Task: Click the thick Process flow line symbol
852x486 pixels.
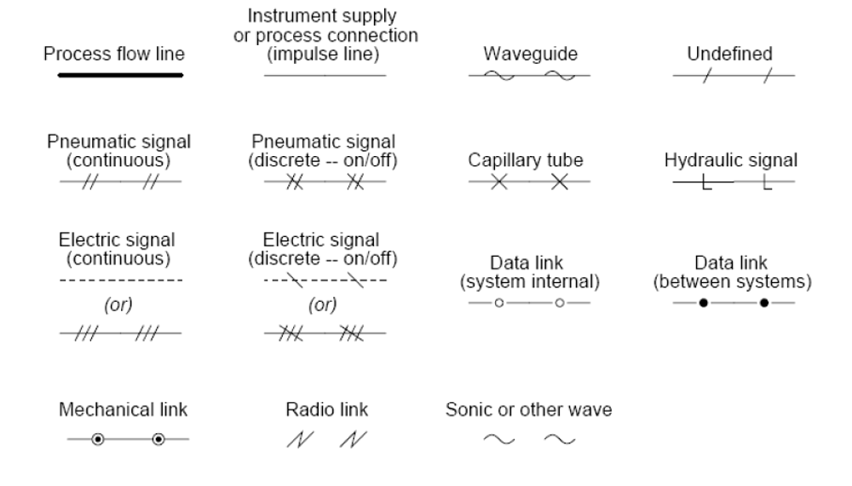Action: point(120,75)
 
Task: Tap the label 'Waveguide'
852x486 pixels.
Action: point(530,54)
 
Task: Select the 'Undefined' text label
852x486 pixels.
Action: point(730,54)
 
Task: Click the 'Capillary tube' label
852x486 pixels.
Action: point(530,159)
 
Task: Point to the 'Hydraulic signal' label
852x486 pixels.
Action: point(730,159)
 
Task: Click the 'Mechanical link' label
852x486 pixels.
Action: point(123,410)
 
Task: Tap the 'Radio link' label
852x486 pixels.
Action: point(326,410)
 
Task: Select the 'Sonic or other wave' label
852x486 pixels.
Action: point(529,410)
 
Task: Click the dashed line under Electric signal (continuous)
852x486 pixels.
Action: point(120,280)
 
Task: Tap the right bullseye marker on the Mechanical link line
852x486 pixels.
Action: point(158,440)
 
